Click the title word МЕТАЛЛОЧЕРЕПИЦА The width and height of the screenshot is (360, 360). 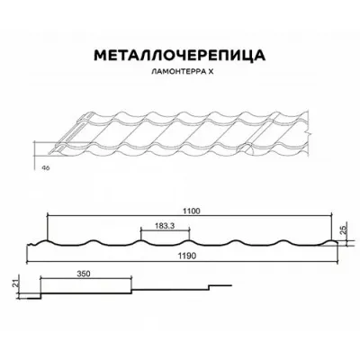tap(180, 56)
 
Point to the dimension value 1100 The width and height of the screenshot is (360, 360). tap(192, 211)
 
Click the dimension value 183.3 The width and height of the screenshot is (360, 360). tap(165, 226)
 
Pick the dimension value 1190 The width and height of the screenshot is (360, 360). tap(186, 256)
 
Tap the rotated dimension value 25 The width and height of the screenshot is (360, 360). tap(344, 229)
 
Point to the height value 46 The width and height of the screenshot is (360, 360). tap(46, 167)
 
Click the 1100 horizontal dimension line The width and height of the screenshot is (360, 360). tap(190, 215)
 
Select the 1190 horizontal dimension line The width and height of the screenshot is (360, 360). tap(183, 263)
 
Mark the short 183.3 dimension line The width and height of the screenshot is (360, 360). tap(165, 230)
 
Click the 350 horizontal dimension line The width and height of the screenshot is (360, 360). tap(85, 278)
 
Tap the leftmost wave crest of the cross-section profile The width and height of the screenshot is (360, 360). tap(46, 241)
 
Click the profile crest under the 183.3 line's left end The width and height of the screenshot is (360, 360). tap(140, 241)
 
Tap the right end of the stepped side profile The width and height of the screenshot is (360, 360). tap(232, 285)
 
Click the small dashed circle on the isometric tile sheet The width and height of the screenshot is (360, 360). tap(246, 149)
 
